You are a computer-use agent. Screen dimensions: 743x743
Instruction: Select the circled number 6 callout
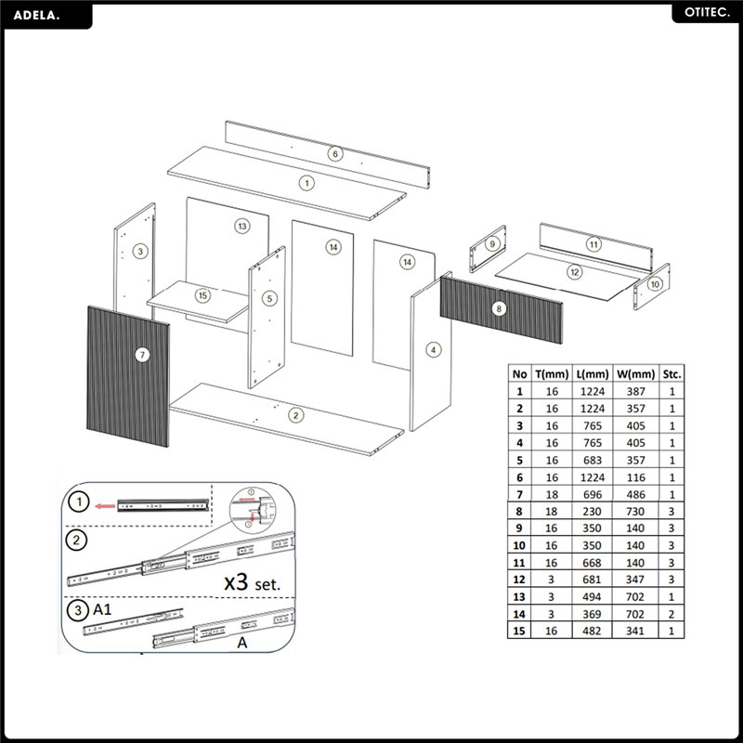click(x=335, y=153)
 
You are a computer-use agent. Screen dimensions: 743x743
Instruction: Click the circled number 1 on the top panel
click(x=306, y=183)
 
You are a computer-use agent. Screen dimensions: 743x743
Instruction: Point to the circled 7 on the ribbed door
click(x=142, y=354)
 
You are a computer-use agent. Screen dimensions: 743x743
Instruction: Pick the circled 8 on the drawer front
click(x=499, y=307)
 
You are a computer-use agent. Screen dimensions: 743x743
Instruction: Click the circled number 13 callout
click(x=241, y=226)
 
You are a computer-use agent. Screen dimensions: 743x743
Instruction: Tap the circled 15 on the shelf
click(x=203, y=295)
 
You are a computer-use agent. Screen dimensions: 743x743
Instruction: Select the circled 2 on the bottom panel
click(x=294, y=414)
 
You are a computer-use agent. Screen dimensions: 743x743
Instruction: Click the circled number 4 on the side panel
click(x=433, y=349)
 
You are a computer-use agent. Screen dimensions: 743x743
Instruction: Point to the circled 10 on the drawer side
click(x=655, y=283)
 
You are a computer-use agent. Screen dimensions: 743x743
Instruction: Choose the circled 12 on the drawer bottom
click(x=575, y=272)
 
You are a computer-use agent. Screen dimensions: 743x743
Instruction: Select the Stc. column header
click(x=671, y=373)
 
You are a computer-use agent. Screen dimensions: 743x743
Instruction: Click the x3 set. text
click(x=253, y=584)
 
